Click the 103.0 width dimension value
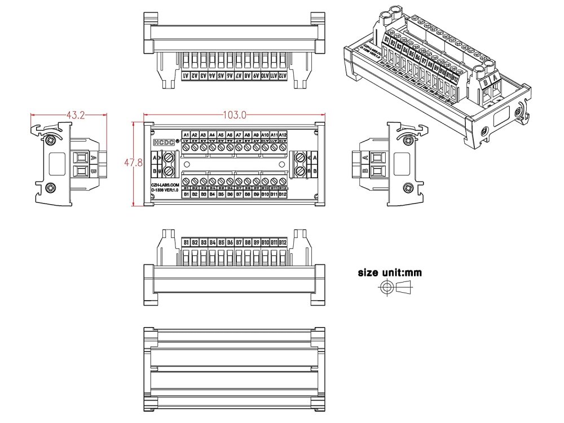pyautogui.click(x=235, y=115)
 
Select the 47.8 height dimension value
pyautogui.click(x=133, y=164)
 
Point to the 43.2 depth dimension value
pyautogui.click(x=76, y=115)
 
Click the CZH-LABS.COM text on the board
pyautogui.click(x=165, y=184)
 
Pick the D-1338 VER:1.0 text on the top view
pyautogui.click(x=165, y=190)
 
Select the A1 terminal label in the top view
pyautogui.click(x=186, y=135)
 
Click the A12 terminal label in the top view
pyautogui.click(x=283, y=135)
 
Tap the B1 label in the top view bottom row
pyautogui.click(x=186, y=194)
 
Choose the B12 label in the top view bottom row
pyautogui.click(x=283, y=194)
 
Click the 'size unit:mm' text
pyautogui.click(x=390, y=272)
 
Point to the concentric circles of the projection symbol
pyautogui.click(x=386, y=288)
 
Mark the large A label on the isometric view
pyautogui.click(x=495, y=80)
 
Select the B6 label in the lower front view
pyautogui.click(x=230, y=243)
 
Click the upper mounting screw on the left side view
pyautogui.click(x=51, y=139)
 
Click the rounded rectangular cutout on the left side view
pyautogui.click(x=57, y=164)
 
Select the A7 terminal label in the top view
pyautogui.click(x=239, y=135)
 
